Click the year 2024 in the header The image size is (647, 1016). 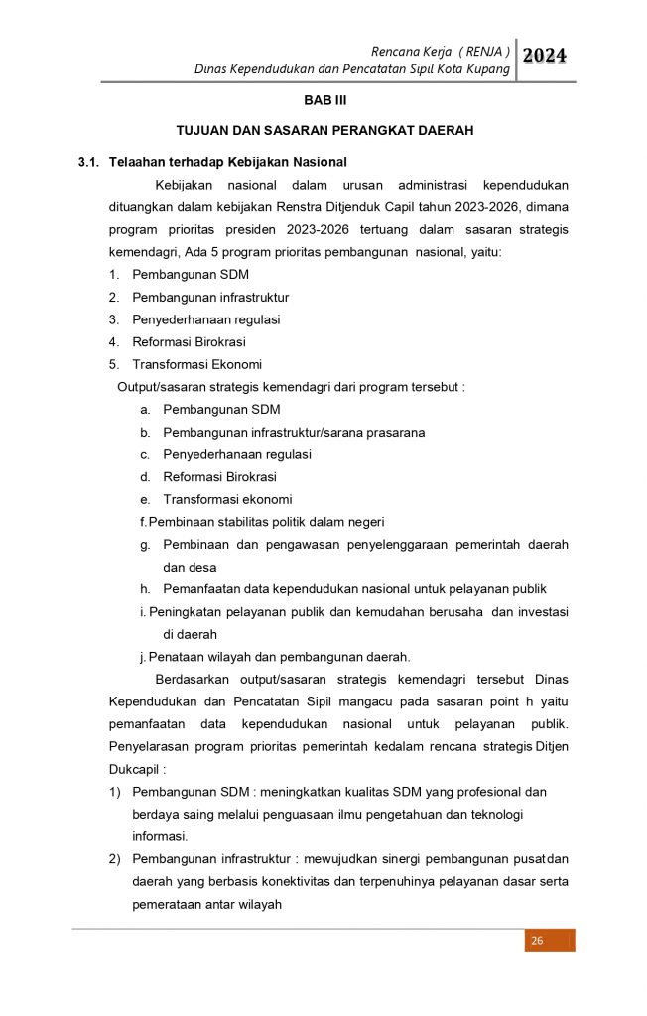click(545, 57)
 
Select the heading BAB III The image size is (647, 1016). click(323, 101)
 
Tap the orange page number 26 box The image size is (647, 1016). click(537, 940)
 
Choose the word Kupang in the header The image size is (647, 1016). click(490, 69)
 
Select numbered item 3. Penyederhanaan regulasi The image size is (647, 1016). click(206, 319)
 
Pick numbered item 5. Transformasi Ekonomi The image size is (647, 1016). click(196, 364)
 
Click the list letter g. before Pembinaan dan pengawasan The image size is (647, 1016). click(145, 545)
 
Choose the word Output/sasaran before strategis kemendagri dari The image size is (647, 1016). click(167, 386)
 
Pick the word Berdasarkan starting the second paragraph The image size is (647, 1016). click(192, 680)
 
